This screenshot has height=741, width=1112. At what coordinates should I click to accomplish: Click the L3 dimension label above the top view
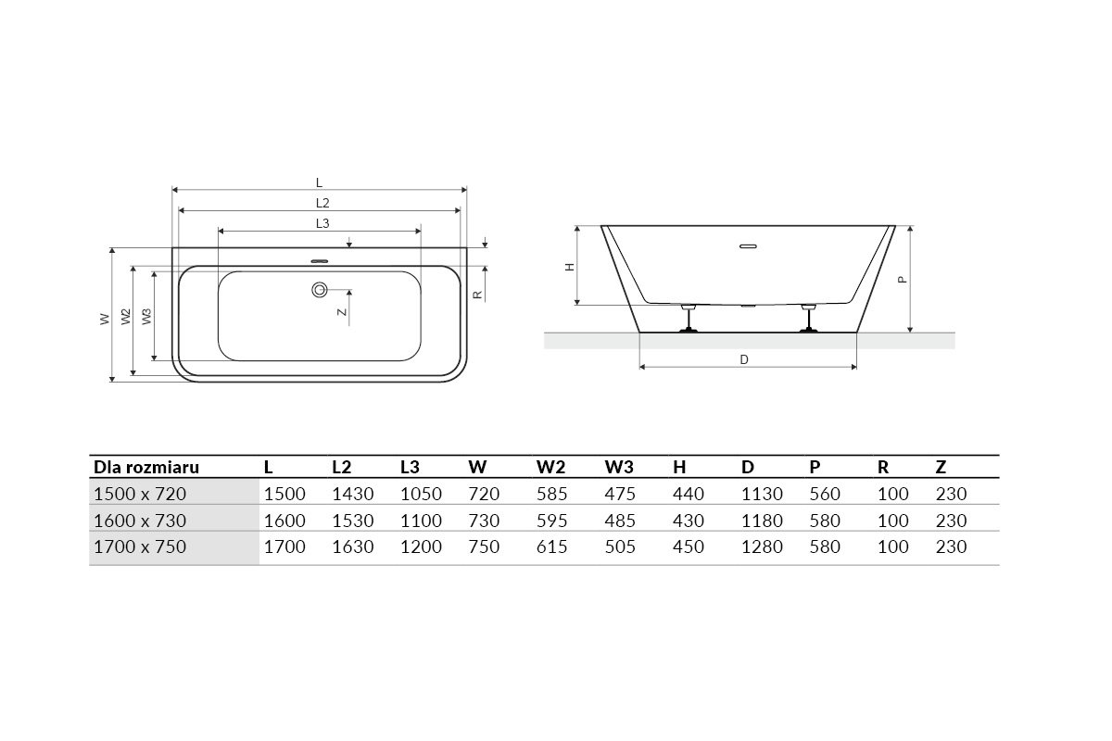322,223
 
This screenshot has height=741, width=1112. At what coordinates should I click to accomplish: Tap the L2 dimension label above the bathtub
322,203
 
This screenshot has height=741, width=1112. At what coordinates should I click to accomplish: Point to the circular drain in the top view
320,289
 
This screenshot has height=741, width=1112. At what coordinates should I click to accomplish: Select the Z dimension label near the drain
342,312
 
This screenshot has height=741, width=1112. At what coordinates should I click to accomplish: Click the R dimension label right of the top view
477,295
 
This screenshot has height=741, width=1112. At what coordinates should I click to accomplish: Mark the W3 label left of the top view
146,317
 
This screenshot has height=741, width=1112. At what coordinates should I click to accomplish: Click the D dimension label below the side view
743,359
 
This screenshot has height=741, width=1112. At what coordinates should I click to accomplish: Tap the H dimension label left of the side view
570,267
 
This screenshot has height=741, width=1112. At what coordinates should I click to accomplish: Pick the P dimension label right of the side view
903,280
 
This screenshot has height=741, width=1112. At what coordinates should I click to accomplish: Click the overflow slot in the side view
748,246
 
